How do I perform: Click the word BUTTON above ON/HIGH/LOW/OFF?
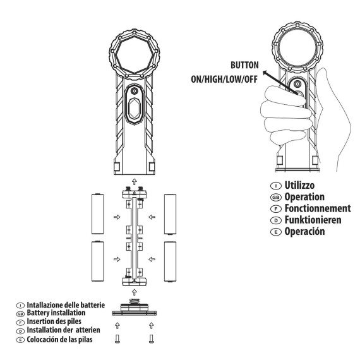(244, 65)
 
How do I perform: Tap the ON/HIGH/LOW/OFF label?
(224, 80)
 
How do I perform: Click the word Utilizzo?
(299, 185)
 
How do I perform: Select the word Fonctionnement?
(318, 208)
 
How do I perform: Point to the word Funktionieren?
(313, 220)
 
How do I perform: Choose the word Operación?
(304, 231)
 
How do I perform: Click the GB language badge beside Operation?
(276, 197)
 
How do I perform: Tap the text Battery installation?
(56, 313)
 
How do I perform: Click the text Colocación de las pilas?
(60, 339)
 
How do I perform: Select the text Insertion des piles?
(54, 321)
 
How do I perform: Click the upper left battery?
(97, 214)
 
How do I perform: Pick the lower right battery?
(170, 261)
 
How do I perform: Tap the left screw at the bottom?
(117, 339)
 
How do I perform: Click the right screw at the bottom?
(152, 339)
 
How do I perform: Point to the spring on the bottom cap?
(135, 301)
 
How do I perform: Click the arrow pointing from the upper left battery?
(117, 217)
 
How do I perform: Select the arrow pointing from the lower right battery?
(152, 260)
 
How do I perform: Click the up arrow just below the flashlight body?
(135, 182)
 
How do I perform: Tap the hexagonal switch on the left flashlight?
(135, 109)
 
